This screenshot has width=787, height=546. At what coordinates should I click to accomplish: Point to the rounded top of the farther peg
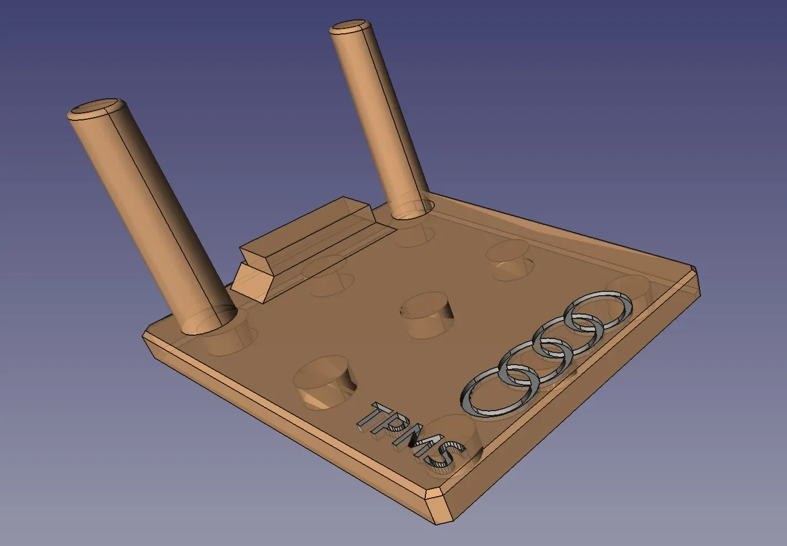(350, 27)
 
